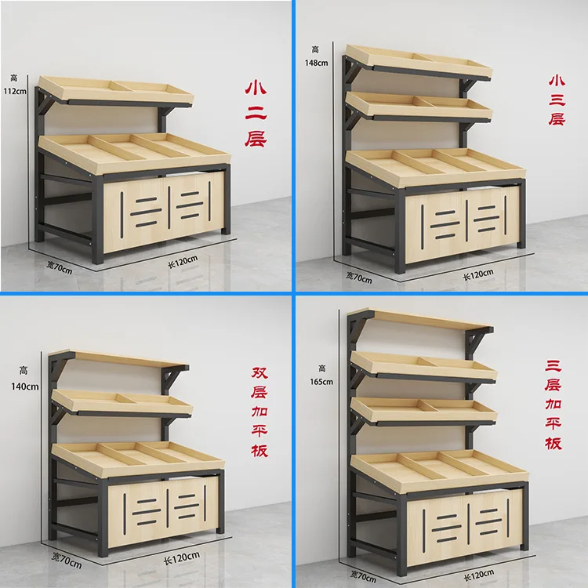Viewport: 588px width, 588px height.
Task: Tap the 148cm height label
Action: (x=318, y=56)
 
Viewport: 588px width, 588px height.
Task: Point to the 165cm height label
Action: (x=322, y=375)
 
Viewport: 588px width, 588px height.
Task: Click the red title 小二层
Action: (x=256, y=112)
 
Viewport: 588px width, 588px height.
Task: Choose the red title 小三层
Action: (x=557, y=100)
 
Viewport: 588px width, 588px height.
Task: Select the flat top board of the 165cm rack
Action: (x=430, y=320)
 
